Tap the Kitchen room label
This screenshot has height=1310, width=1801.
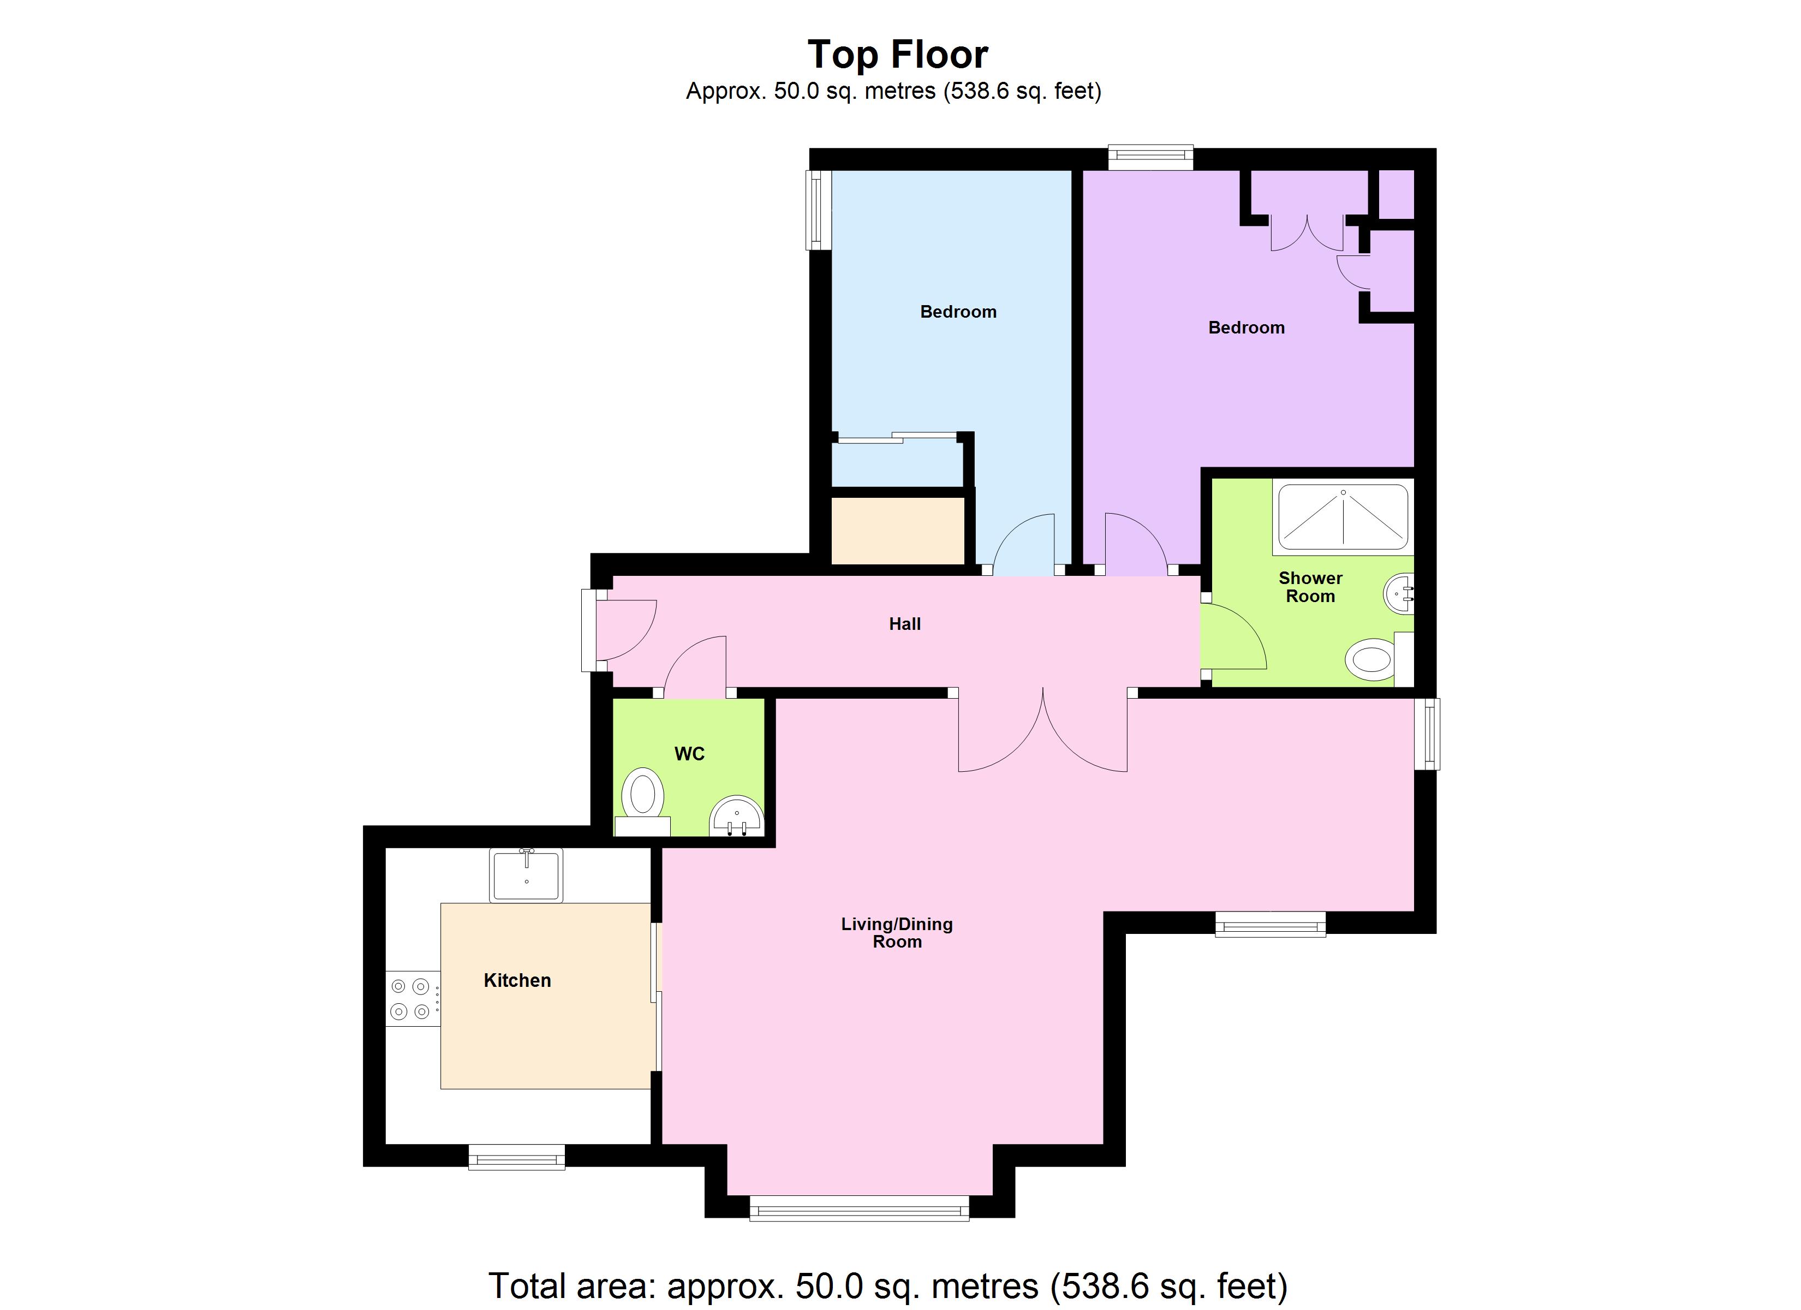click(517, 980)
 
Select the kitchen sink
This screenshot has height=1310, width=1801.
click(526, 874)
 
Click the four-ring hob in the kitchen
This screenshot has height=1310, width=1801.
click(410, 998)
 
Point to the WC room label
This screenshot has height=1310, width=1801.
click(689, 754)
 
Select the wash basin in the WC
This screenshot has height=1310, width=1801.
click(736, 818)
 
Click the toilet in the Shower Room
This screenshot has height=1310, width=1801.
click(1374, 659)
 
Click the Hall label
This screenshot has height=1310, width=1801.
click(904, 624)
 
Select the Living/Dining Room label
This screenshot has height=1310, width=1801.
click(897, 933)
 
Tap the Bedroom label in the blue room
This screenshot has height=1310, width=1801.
click(958, 312)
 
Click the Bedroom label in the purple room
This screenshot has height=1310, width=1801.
click(1246, 328)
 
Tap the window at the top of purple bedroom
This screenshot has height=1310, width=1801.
click(1150, 157)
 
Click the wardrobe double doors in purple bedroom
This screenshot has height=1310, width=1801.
click(1307, 232)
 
